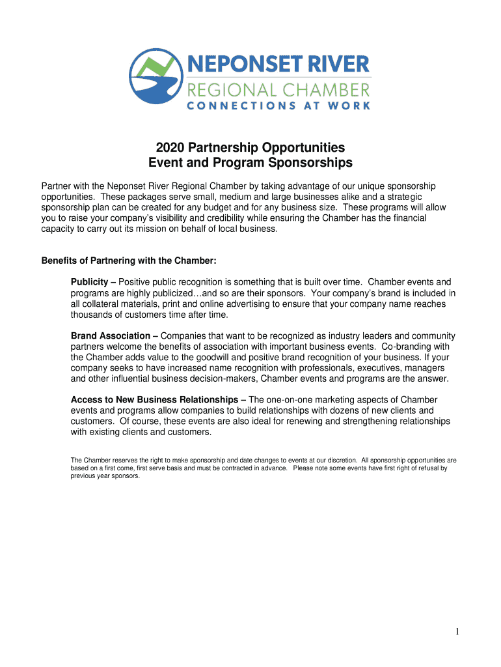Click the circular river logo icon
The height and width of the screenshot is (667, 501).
[x=156, y=76]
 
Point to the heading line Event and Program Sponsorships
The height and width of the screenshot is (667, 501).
[x=251, y=162]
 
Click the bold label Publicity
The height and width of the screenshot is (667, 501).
[x=88, y=282]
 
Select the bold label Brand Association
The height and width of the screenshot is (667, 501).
[x=110, y=335]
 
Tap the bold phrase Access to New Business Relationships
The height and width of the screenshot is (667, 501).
[x=154, y=399]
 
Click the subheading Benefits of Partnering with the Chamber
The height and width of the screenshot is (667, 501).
[x=129, y=261]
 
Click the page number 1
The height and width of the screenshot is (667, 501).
[x=458, y=631]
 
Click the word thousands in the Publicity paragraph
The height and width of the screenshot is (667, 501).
[x=92, y=315]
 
